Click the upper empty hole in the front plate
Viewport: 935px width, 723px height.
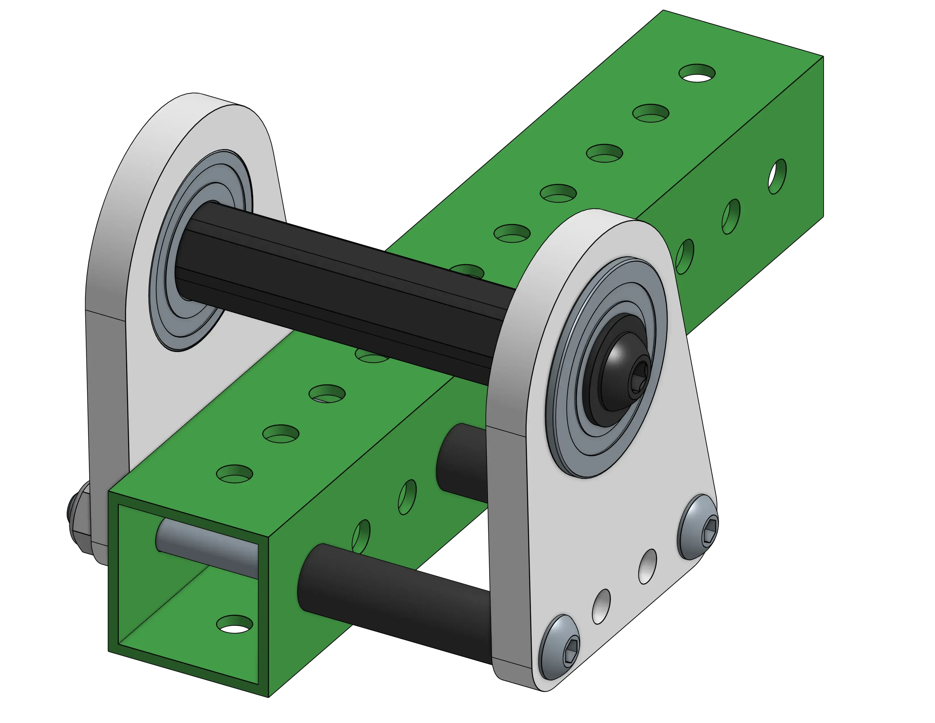[x=647, y=566]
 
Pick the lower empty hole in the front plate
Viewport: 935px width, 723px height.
[x=601, y=606]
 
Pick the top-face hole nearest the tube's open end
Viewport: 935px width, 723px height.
[x=234, y=474]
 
